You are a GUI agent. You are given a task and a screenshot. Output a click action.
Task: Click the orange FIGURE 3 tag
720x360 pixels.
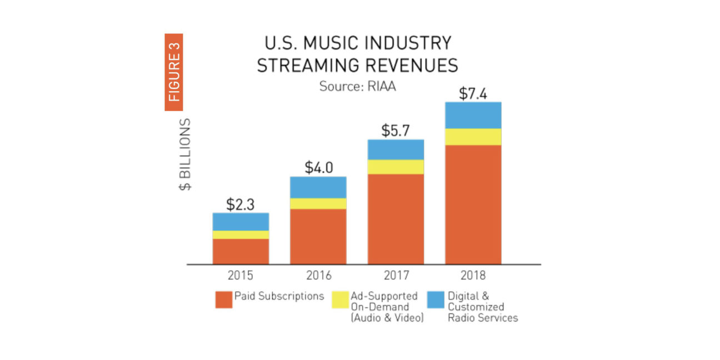(x=174, y=72)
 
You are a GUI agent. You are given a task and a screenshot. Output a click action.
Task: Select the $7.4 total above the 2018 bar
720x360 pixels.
(x=473, y=94)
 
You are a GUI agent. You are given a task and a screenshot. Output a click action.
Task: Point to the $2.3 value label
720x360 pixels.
(x=240, y=204)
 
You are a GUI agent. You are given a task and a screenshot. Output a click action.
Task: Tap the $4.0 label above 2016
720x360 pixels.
(x=318, y=168)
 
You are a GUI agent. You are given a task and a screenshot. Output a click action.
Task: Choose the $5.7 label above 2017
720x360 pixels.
(x=396, y=131)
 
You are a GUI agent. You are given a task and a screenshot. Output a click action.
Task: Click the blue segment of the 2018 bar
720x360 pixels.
(x=473, y=115)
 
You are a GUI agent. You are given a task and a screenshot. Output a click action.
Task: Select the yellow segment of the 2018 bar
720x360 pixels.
(x=473, y=137)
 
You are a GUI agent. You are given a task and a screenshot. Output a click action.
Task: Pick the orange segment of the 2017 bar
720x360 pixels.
(x=396, y=219)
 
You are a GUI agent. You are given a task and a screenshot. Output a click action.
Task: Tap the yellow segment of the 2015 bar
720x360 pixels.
(x=241, y=234)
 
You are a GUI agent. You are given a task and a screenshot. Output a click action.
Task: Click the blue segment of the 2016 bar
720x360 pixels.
(x=318, y=187)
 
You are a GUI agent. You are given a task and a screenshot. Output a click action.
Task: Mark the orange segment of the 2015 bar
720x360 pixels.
(x=241, y=251)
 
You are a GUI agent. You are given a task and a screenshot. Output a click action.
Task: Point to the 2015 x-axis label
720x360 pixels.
(x=240, y=276)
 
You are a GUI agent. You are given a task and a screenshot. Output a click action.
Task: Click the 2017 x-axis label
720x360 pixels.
(x=396, y=276)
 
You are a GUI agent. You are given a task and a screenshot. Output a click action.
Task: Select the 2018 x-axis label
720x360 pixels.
(x=473, y=276)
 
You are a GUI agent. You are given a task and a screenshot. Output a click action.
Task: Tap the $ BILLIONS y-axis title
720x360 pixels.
(x=185, y=154)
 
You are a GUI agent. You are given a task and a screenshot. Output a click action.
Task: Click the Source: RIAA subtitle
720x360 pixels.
(x=357, y=87)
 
